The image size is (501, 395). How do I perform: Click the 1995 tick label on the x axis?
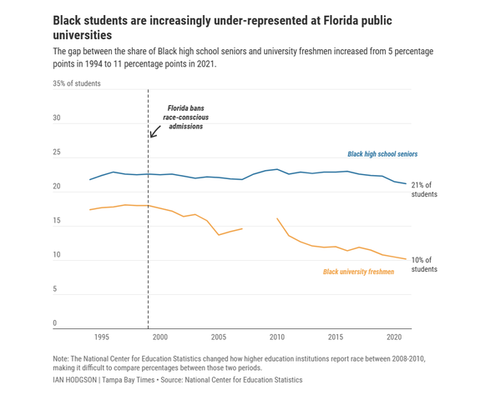102,337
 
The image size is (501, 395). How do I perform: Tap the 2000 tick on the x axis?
160,337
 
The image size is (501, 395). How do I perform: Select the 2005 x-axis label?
219,337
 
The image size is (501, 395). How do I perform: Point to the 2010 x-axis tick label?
277,337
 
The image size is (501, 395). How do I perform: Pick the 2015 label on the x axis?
336,337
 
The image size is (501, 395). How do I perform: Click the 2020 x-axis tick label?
394,337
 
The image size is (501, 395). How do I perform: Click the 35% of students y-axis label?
77,83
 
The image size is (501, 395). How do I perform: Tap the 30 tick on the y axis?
57,117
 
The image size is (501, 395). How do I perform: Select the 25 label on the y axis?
57,152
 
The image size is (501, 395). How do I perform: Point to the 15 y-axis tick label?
57,221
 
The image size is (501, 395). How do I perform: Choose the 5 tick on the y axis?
55,289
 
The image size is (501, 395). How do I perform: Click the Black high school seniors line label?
382,154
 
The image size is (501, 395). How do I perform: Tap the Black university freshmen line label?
358,272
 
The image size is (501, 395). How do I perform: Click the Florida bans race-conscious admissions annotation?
186,117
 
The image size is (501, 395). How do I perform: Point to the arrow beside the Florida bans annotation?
154,131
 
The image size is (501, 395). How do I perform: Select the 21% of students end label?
424,189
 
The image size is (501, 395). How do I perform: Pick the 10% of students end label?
424,265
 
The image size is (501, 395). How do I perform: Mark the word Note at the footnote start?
61,357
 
